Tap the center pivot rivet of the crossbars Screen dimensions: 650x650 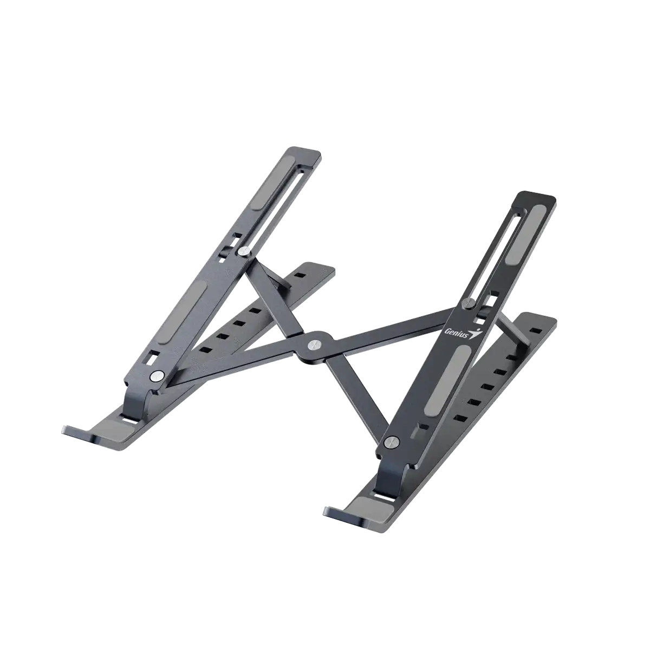(315, 344)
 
